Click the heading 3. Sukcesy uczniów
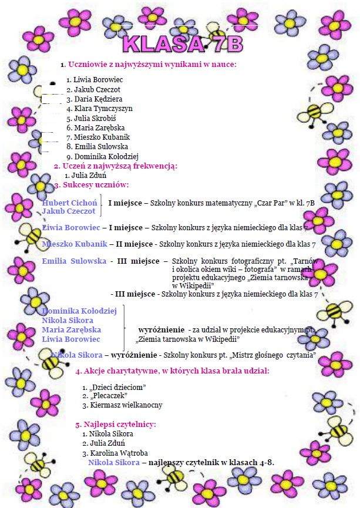click(92, 185)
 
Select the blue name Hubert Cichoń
click(69, 203)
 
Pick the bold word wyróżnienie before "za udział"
click(163, 329)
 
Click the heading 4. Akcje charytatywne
click(173, 371)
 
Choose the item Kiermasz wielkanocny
click(126, 405)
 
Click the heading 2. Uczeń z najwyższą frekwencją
click(116, 166)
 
